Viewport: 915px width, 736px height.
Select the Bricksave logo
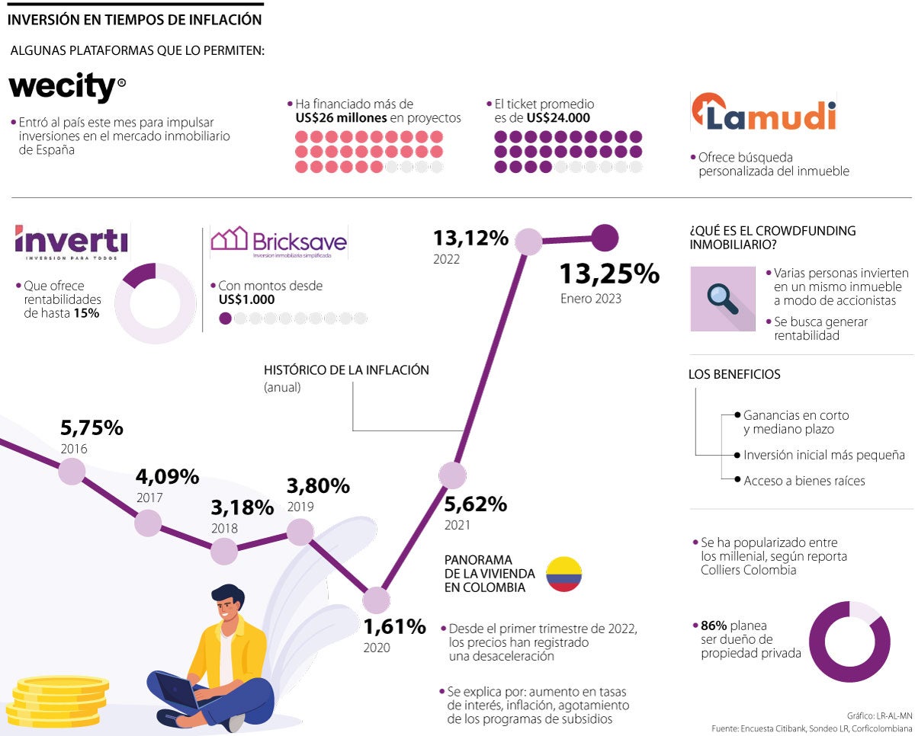pos(278,242)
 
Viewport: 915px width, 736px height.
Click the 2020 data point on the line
pos(376,600)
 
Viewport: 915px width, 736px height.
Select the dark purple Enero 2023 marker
pos(605,238)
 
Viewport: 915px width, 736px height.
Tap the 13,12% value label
pos(470,238)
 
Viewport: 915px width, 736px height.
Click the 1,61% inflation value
pos(394,627)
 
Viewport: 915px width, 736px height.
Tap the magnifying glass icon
pos(722,298)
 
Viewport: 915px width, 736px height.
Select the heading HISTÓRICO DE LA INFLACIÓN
pos(346,370)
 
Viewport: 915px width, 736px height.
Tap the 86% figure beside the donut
pos(714,626)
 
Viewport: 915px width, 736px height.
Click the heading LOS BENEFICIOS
pos(734,374)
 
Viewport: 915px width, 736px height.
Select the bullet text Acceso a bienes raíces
pos(804,481)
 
